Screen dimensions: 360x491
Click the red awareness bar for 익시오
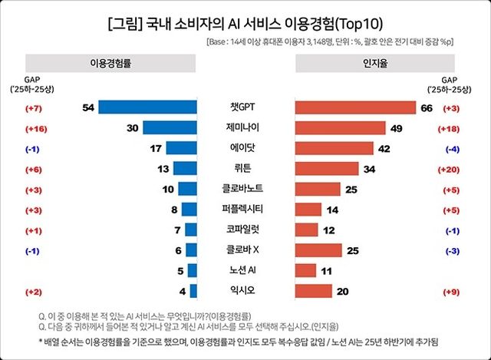pyautogui.click(x=313, y=291)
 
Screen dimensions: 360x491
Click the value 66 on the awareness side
pyautogui.click(x=427, y=108)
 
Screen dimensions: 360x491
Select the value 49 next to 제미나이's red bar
pyautogui.click(x=397, y=128)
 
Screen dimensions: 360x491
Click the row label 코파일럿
pyautogui.click(x=245, y=230)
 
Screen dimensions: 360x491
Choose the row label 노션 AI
pyautogui.click(x=245, y=271)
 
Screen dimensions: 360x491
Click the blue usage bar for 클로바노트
pyautogui.click(x=187, y=189)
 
